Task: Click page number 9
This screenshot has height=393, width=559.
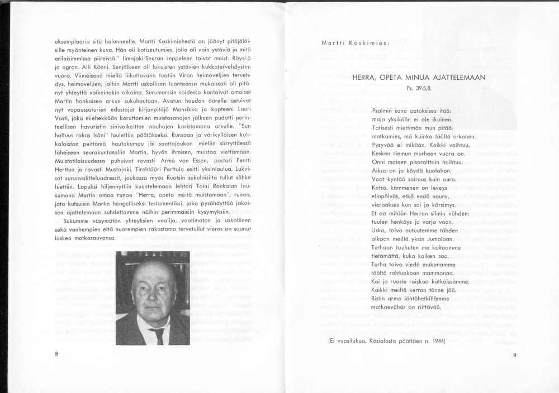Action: (514, 355)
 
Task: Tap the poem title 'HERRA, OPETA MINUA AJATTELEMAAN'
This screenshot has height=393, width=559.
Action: (419, 78)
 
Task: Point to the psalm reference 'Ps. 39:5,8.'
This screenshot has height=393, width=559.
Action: (419, 88)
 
